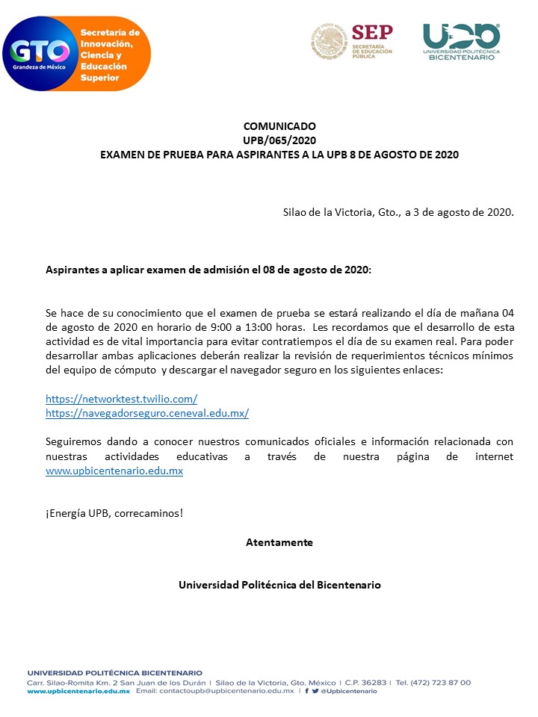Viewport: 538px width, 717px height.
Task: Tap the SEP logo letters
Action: (x=371, y=32)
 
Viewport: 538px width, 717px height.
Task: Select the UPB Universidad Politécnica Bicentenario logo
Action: (x=461, y=41)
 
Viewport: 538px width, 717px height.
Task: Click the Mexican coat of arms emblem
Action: (x=329, y=41)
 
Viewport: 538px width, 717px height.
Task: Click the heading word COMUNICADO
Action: (x=279, y=126)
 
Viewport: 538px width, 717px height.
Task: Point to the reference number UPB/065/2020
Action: (x=279, y=140)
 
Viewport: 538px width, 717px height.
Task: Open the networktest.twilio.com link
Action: (x=121, y=399)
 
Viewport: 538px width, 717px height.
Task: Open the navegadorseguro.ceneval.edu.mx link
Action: (x=146, y=413)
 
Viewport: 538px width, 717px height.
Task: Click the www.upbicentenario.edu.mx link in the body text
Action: (x=114, y=471)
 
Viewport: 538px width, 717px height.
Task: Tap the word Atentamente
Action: (x=279, y=542)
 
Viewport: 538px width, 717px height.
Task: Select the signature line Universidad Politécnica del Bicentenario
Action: (x=279, y=585)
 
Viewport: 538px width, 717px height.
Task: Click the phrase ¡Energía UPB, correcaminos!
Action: (x=114, y=514)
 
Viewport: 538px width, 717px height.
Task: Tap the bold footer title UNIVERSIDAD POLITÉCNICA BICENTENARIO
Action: (x=114, y=673)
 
